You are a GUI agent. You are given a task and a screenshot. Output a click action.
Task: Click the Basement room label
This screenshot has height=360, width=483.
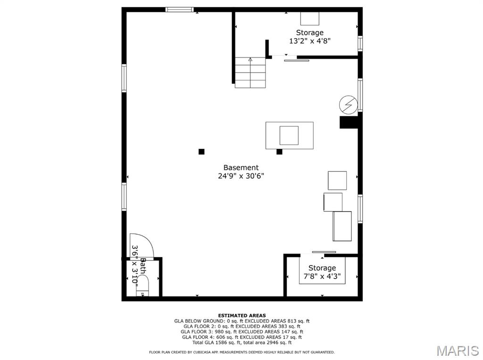point(241,168)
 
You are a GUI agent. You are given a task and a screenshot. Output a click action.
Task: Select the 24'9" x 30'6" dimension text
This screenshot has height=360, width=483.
point(241,176)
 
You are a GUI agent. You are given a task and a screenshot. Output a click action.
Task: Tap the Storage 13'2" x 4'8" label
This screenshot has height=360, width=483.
point(309,37)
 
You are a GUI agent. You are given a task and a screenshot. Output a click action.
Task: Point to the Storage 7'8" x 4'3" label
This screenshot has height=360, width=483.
point(322,272)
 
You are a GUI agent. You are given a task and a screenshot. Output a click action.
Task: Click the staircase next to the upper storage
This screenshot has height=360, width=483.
point(250,73)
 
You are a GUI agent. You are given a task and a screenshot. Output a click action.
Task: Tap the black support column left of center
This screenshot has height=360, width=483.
point(201,151)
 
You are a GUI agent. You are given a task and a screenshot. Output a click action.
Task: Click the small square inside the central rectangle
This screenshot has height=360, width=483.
point(289,135)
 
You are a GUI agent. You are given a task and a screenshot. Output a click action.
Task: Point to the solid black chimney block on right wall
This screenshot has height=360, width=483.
point(349,122)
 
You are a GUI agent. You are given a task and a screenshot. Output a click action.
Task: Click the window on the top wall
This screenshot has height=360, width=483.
point(179,9)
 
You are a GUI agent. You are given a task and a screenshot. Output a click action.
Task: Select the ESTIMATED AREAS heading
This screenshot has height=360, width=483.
point(242,315)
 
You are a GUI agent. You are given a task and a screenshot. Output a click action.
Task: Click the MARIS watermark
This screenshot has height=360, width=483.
point(458,351)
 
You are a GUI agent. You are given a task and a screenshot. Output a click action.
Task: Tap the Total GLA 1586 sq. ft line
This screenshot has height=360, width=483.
point(242,343)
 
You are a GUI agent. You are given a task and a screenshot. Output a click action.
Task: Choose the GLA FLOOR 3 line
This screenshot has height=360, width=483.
point(242,332)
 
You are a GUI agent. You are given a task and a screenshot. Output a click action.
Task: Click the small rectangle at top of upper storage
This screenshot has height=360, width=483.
point(309,18)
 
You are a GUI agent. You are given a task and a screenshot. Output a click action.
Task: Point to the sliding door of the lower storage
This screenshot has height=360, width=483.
point(324,252)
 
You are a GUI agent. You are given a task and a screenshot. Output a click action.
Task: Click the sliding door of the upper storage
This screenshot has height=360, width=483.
point(296,61)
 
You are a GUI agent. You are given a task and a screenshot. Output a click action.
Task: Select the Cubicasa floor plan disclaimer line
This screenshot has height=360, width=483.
point(242,352)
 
